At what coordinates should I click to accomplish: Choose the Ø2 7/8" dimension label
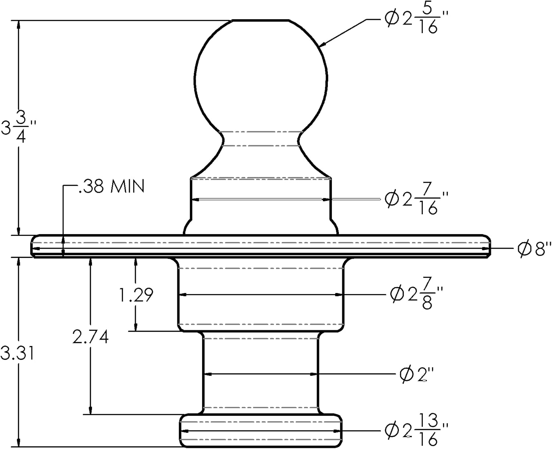(x=416, y=295)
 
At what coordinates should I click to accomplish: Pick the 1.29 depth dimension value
(x=136, y=295)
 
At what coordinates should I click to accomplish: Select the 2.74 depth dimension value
(x=91, y=337)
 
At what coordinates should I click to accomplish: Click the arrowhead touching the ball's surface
(x=321, y=45)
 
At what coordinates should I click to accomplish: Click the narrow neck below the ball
(x=261, y=139)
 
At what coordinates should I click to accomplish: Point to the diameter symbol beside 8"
(x=524, y=249)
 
